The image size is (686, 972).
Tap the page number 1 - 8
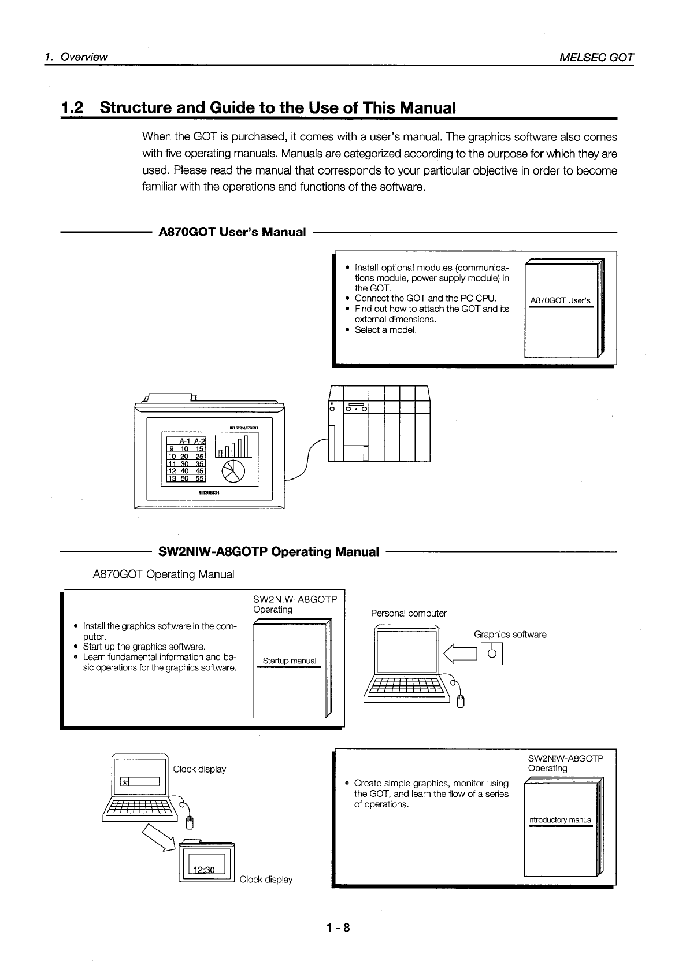point(338,928)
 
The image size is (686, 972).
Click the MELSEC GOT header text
point(596,57)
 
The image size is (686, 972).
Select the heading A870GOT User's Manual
point(232,232)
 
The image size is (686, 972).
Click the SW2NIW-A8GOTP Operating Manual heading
point(269,552)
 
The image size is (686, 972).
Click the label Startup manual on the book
point(289,661)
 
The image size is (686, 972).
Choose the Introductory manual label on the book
point(560,820)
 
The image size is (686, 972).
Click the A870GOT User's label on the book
point(560,300)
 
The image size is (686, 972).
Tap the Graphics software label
point(510,635)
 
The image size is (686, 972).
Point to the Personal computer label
point(409,613)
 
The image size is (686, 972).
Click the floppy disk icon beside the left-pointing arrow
point(492,654)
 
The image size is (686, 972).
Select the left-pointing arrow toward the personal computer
point(461,654)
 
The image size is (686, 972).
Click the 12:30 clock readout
point(203,870)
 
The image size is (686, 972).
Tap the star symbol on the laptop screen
point(124,782)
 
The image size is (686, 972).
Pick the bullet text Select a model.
point(385,330)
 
